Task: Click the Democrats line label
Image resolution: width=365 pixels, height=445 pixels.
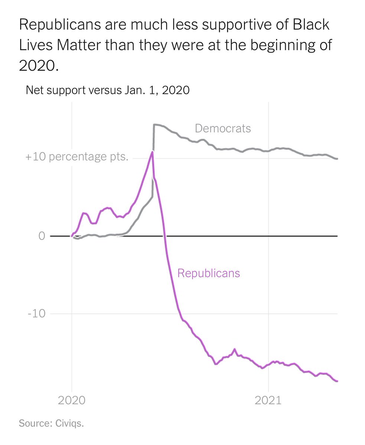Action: [x=223, y=129]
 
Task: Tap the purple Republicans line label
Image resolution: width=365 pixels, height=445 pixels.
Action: [x=209, y=273]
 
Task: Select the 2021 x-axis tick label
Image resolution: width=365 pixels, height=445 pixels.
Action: [x=268, y=400]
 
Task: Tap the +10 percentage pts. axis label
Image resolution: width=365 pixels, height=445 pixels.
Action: [x=77, y=157]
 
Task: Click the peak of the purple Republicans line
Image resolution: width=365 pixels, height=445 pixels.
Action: [x=152, y=151]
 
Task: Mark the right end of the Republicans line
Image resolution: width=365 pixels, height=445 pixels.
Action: [x=337, y=381]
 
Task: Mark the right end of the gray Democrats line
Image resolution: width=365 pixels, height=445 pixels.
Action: [x=337, y=159]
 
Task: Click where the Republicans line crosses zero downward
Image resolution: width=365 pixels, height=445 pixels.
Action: [x=164, y=236]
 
